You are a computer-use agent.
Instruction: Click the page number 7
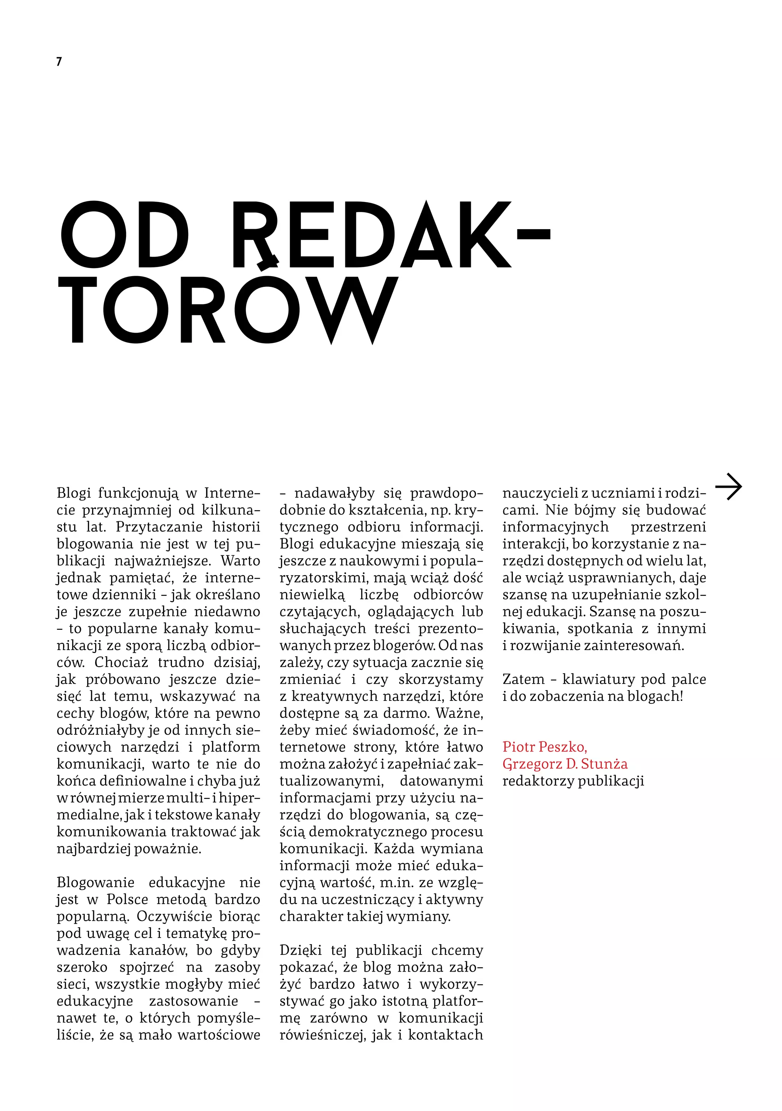[x=59, y=61]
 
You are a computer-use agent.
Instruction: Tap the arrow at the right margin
[x=728, y=486]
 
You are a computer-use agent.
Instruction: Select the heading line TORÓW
[x=228, y=310]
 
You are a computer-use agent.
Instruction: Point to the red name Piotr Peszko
[x=544, y=747]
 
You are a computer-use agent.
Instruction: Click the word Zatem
[x=523, y=679]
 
